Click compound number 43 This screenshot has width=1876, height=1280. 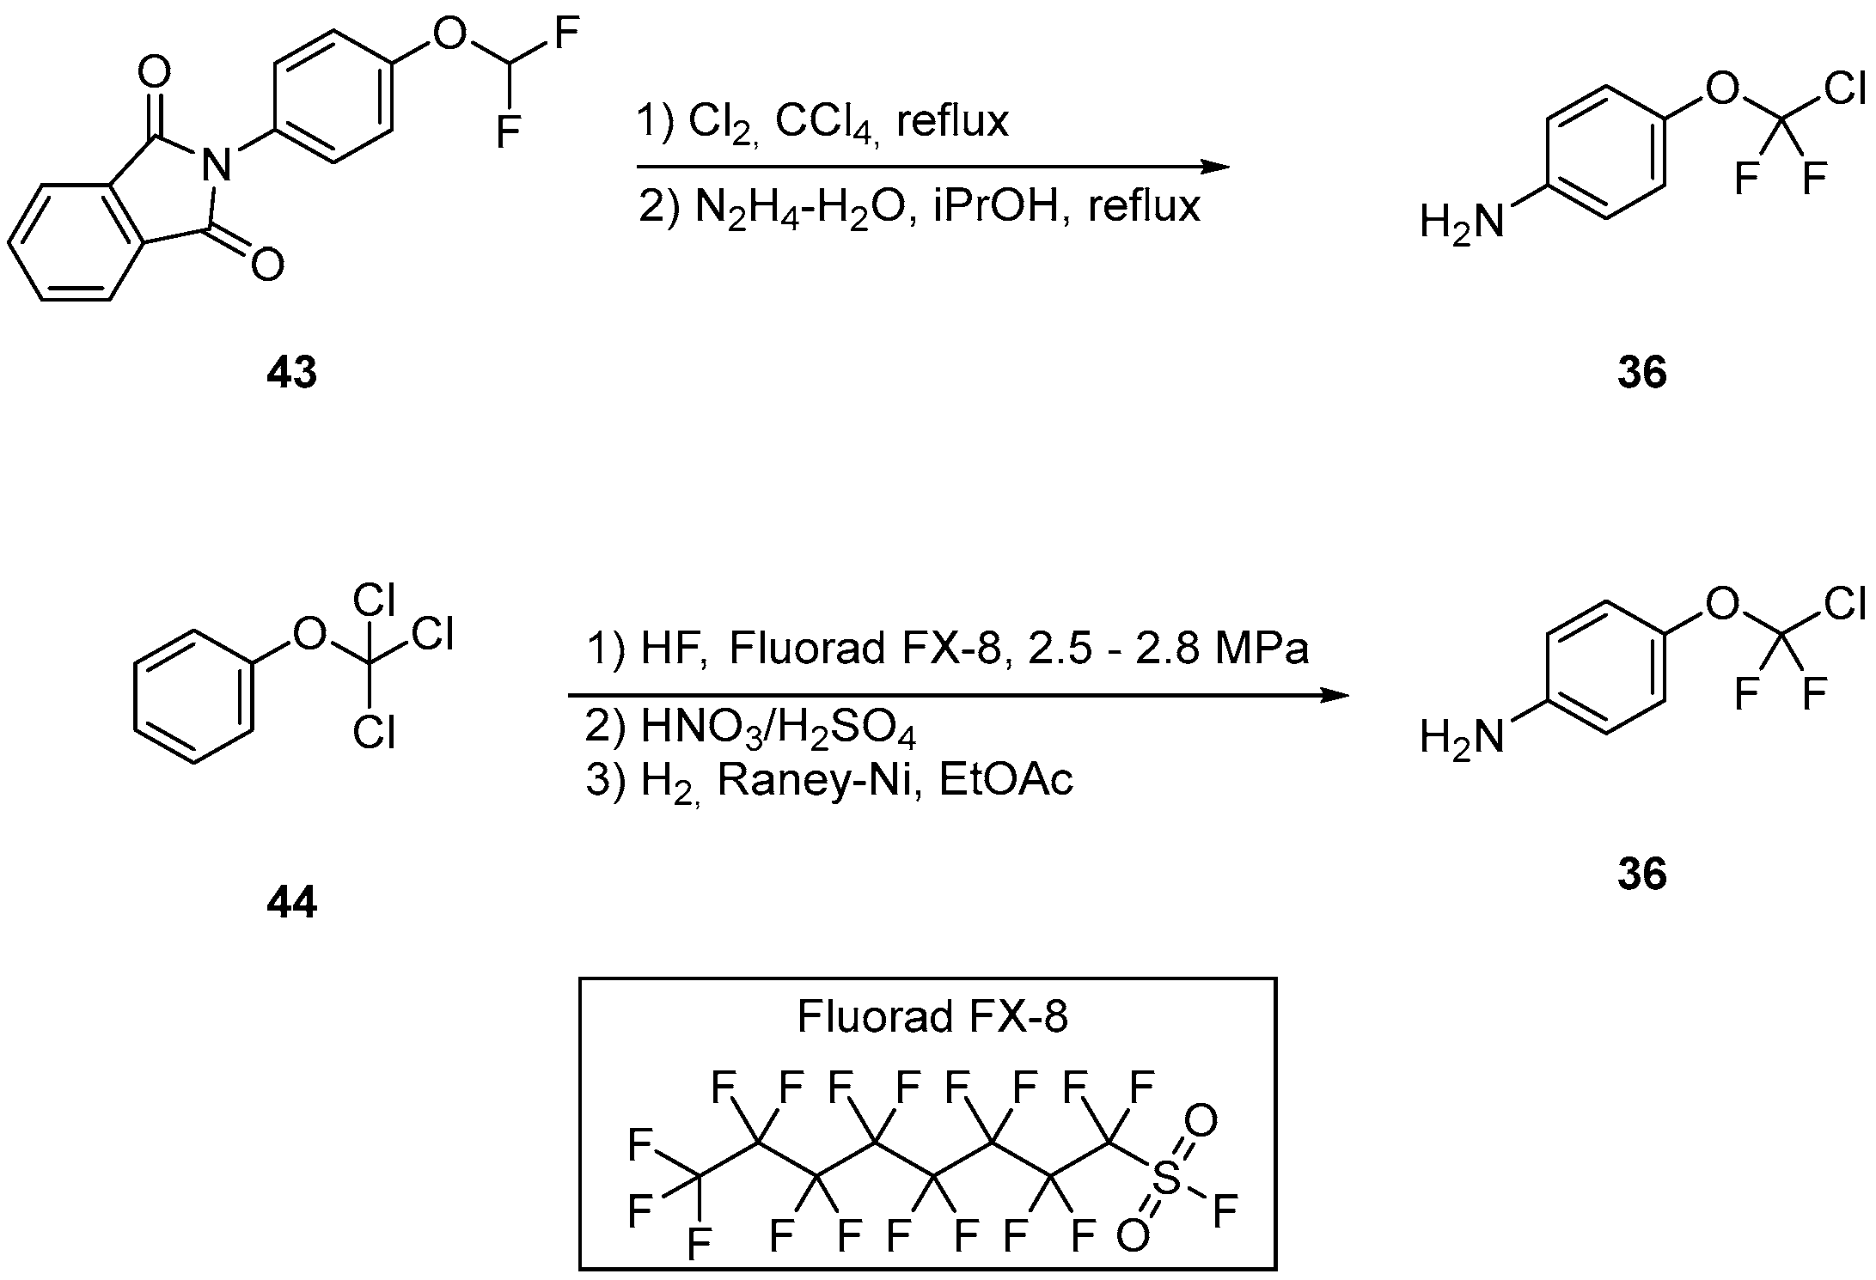(x=291, y=373)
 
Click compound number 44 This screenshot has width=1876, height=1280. (x=291, y=903)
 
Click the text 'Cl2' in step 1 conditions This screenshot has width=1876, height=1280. (x=721, y=122)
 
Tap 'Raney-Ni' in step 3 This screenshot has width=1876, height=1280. (x=819, y=781)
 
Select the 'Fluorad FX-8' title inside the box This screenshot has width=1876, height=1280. (x=932, y=1016)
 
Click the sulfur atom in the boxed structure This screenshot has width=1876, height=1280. (x=1166, y=1178)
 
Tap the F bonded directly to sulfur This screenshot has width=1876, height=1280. (x=1225, y=1210)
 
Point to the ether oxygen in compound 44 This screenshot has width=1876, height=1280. (x=309, y=635)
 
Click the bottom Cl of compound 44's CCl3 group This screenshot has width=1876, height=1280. (x=374, y=733)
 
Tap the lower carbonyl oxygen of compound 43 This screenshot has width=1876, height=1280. (x=268, y=265)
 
